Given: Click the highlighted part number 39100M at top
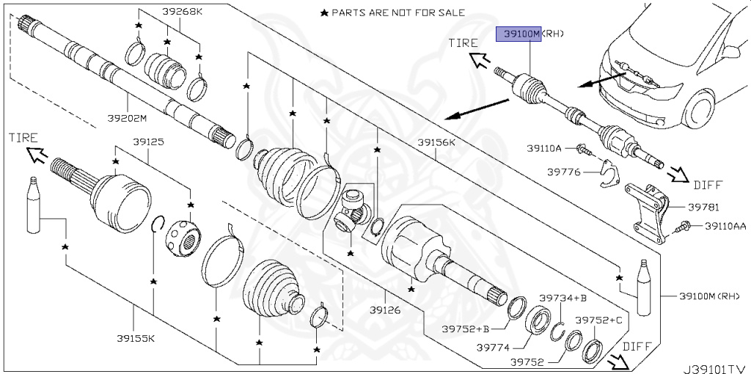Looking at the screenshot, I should (x=519, y=34).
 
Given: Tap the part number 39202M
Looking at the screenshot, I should (x=126, y=119).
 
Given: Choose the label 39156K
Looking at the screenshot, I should (x=436, y=142).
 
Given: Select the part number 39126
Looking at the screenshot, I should (x=385, y=311).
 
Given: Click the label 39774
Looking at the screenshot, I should (x=492, y=347).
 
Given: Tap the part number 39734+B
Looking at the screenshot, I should (x=563, y=298).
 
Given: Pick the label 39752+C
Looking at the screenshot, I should (x=598, y=320).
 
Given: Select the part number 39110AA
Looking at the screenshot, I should (x=725, y=227).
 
